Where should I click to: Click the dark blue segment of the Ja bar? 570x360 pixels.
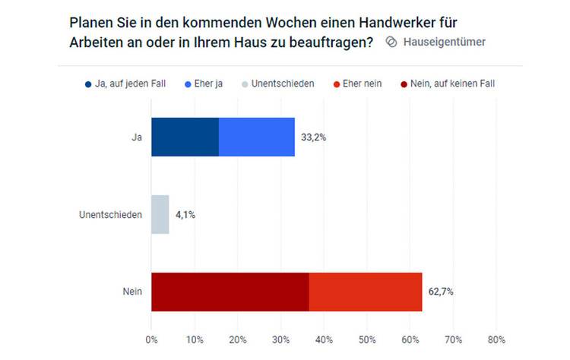click(x=185, y=137)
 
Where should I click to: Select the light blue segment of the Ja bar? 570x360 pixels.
click(x=256, y=137)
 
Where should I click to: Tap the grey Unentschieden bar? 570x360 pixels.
click(x=160, y=214)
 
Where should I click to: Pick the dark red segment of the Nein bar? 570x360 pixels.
click(x=230, y=292)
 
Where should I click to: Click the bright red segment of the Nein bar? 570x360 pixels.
click(x=365, y=292)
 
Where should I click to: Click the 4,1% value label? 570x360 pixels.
click(x=185, y=215)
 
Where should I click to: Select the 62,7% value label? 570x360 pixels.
click(x=442, y=292)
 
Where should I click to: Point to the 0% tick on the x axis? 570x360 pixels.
click(x=151, y=339)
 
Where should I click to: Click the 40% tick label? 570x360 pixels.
click(x=324, y=339)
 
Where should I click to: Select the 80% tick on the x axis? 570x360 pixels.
click(x=496, y=339)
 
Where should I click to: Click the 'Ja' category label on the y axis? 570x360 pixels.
click(x=137, y=137)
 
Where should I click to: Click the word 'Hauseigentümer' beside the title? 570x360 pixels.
click(x=445, y=42)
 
